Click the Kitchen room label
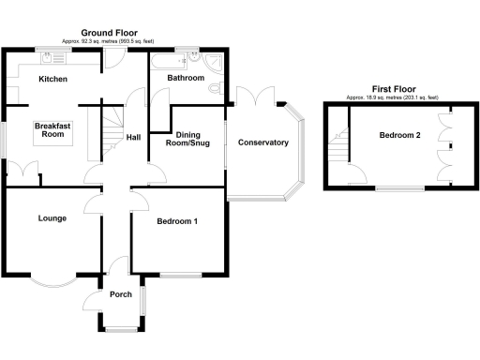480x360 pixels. [x=52, y=80]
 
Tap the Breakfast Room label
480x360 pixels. [x=53, y=130]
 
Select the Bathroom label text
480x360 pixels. [x=186, y=79]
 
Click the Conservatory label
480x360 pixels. [x=263, y=142]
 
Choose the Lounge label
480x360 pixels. [x=52, y=218]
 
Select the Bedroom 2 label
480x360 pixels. [x=399, y=135]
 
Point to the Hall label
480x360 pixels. [x=133, y=138]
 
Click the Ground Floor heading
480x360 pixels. [x=112, y=33]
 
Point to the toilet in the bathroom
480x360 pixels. [x=216, y=88]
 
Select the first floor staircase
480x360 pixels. [x=338, y=146]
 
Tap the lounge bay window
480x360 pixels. [x=52, y=279]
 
